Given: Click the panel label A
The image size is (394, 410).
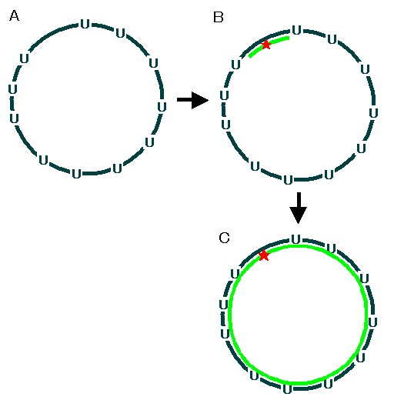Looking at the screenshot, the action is point(14,15).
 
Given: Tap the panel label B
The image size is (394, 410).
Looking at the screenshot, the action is point(219,17).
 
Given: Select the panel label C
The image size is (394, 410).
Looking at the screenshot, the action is point(224,238).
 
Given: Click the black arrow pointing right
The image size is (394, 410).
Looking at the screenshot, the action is point(192,100).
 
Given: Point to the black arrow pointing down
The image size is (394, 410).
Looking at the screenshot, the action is point(299,208).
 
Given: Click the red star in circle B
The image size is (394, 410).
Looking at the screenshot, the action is point(266,45).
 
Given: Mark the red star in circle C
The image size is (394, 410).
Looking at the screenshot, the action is point(264,255).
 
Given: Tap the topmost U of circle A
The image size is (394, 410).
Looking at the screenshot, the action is point(85,24).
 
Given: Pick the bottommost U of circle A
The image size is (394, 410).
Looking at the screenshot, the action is point(76,174).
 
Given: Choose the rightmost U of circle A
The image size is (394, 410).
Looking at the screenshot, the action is point(162,107).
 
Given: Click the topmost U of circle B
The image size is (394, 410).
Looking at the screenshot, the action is point(297,30).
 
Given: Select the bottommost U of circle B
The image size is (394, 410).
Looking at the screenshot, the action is point(289,180).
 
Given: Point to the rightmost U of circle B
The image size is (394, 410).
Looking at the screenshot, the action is point(373,113).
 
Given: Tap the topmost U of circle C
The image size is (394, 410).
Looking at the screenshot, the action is point(296,239).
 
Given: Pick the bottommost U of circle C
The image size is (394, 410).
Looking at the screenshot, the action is point(287,389).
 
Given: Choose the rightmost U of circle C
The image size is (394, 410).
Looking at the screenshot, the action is point(372,322).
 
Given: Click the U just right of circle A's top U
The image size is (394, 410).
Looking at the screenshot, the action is point(120,34).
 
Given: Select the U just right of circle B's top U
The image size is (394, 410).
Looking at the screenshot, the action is point(332,40).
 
